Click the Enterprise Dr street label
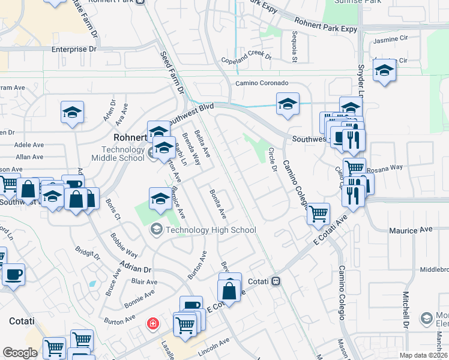point(74,49)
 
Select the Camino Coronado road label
point(262,83)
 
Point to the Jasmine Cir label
point(390,40)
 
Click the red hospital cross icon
point(154,324)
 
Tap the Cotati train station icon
point(276,281)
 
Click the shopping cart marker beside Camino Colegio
point(318,212)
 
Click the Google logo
point(20,353)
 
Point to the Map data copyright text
point(423,355)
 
